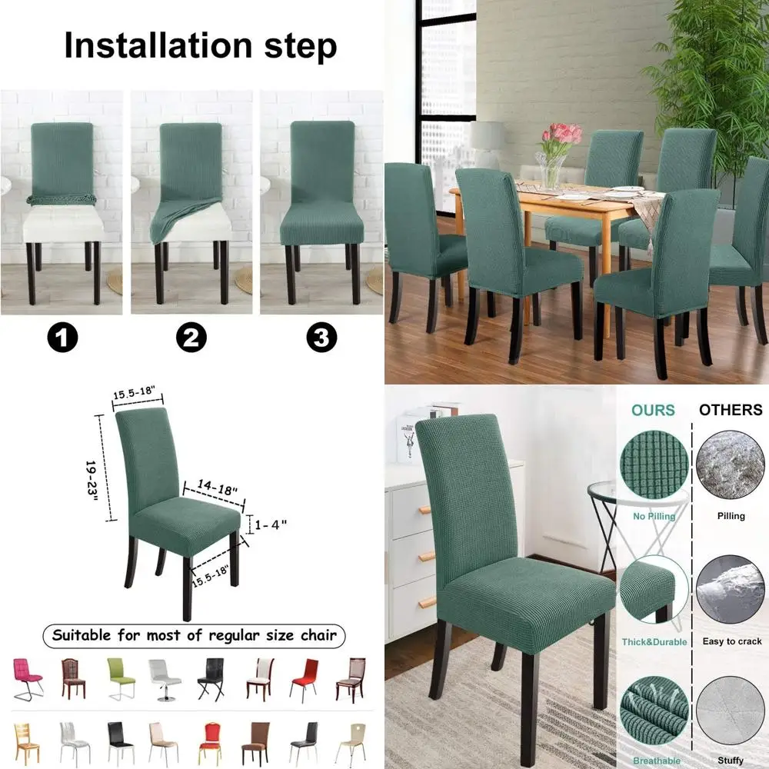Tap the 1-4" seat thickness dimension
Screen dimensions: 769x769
pyautogui.click(x=271, y=524)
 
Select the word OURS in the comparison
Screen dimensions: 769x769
pyautogui.click(x=653, y=410)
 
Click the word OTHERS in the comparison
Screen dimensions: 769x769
pyautogui.click(x=730, y=410)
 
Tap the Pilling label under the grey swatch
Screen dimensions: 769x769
pyautogui.click(x=731, y=516)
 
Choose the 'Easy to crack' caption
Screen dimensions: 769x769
pyautogui.click(x=731, y=641)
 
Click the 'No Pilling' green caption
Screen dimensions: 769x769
pyautogui.click(x=653, y=516)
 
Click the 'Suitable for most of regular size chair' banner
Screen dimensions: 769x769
pyautogui.click(x=194, y=636)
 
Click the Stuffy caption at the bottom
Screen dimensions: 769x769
pyautogui.click(x=731, y=761)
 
